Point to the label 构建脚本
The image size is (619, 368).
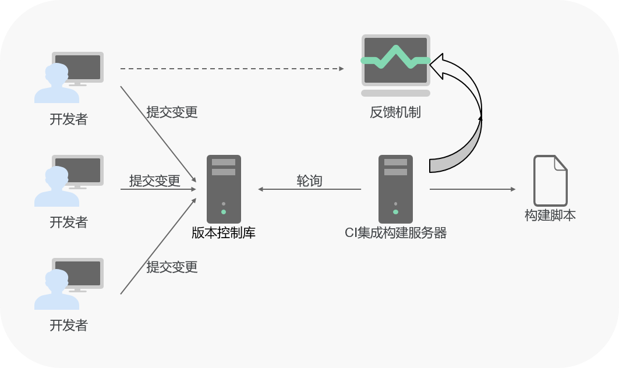[550, 215]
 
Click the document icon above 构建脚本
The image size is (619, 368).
[550, 181]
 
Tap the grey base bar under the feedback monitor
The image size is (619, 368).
[395, 93]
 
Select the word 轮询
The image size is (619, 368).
[309, 181]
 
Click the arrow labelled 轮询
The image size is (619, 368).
[309, 189]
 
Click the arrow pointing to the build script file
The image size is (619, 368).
[472, 189]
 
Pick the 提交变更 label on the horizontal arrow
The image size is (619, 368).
[155, 181]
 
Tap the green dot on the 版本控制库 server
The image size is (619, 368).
[224, 211]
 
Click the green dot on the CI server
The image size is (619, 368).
[395, 211]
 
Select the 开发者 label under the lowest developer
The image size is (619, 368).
[69, 325]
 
